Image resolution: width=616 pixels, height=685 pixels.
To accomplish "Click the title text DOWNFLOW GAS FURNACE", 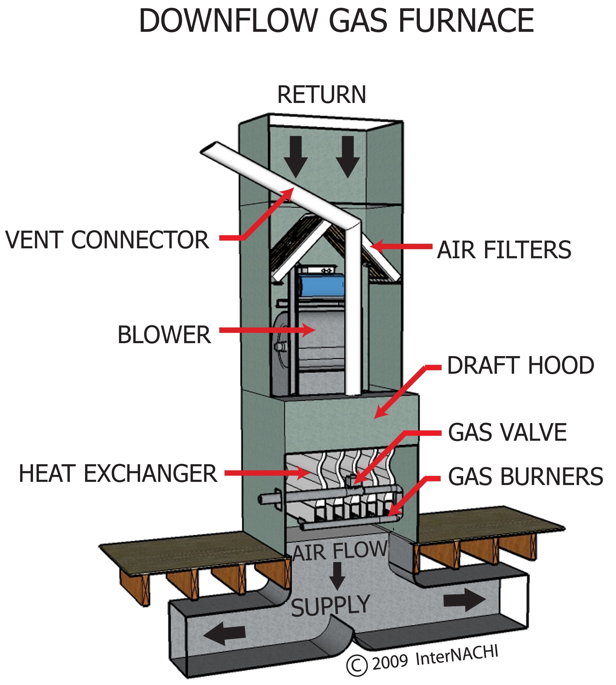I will [336, 21].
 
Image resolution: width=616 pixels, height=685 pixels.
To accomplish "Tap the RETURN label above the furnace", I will [322, 95].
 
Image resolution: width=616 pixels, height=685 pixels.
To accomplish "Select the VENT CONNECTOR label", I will [107, 240].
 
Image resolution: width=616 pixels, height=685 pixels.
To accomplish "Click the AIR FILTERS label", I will [504, 250].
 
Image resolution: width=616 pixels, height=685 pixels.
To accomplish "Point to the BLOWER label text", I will [164, 335].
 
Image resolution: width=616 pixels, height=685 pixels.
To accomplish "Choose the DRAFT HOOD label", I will [521, 366].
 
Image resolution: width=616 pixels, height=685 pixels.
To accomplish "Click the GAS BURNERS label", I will [525, 477].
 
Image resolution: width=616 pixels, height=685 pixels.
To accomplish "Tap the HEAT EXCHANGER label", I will [118, 473].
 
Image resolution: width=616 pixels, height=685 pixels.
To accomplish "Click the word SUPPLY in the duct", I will [330, 607].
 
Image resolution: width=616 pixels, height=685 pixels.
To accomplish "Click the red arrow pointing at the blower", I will [267, 330].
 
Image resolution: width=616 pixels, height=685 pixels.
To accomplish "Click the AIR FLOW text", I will [339, 551].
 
